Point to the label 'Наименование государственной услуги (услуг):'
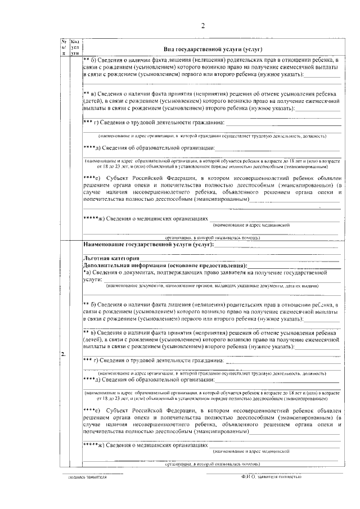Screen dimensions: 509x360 point(148,245)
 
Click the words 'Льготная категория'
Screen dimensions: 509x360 point(106,258)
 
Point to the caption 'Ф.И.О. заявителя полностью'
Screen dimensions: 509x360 point(269,476)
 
